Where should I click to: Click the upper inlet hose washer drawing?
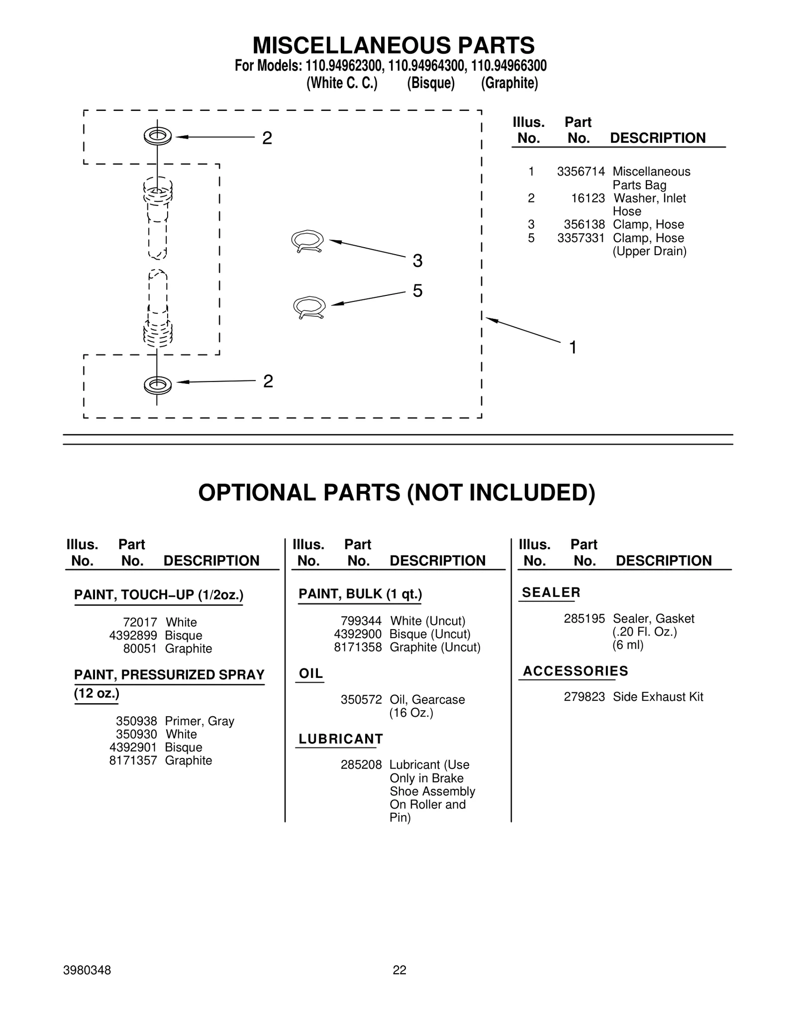(x=158, y=136)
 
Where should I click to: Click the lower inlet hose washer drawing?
(x=158, y=384)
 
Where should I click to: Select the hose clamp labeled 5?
(x=309, y=307)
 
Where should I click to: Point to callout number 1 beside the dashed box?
(x=573, y=347)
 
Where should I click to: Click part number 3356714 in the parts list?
(x=581, y=172)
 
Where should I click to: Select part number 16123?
(x=588, y=198)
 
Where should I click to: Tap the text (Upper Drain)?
(x=649, y=251)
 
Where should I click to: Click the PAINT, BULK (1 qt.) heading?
(x=360, y=594)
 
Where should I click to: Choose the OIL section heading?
(x=311, y=673)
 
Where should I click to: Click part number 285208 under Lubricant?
(x=361, y=764)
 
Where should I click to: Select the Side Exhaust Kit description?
(x=658, y=697)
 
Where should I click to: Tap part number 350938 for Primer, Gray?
(x=136, y=721)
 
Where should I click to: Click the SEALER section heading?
(x=551, y=592)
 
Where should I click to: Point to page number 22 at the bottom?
(x=399, y=970)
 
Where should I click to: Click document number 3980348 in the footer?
(x=87, y=970)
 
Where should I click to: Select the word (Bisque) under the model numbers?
(x=430, y=83)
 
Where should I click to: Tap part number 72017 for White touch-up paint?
(x=140, y=622)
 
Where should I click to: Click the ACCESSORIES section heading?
(x=575, y=671)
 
